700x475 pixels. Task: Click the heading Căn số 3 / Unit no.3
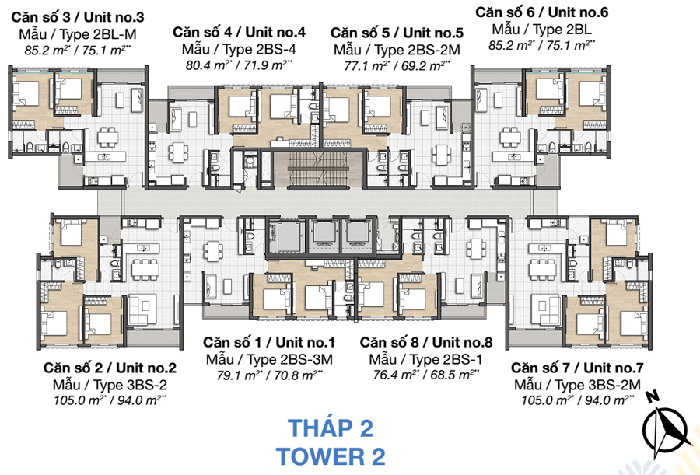tap(78, 17)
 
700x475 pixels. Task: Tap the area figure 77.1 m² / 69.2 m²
tap(397, 65)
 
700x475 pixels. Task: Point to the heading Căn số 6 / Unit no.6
tap(541, 12)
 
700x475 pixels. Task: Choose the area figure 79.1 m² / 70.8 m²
tap(270, 375)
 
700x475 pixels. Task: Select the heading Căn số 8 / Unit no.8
tap(426, 342)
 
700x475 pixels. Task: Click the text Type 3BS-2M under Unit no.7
tap(598, 384)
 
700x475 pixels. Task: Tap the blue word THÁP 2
tap(331, 428)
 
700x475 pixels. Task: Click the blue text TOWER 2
tap(331, 456)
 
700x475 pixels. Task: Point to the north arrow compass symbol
tap(666, 426)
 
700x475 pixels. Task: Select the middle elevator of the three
tap(325, 235)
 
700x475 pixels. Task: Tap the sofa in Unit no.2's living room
tap(140, 309)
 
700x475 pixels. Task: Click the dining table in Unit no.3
tap(107, 138)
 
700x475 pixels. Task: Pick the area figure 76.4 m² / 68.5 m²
tap(426, 374)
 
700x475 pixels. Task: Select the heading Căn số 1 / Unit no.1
tap(269, 342)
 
